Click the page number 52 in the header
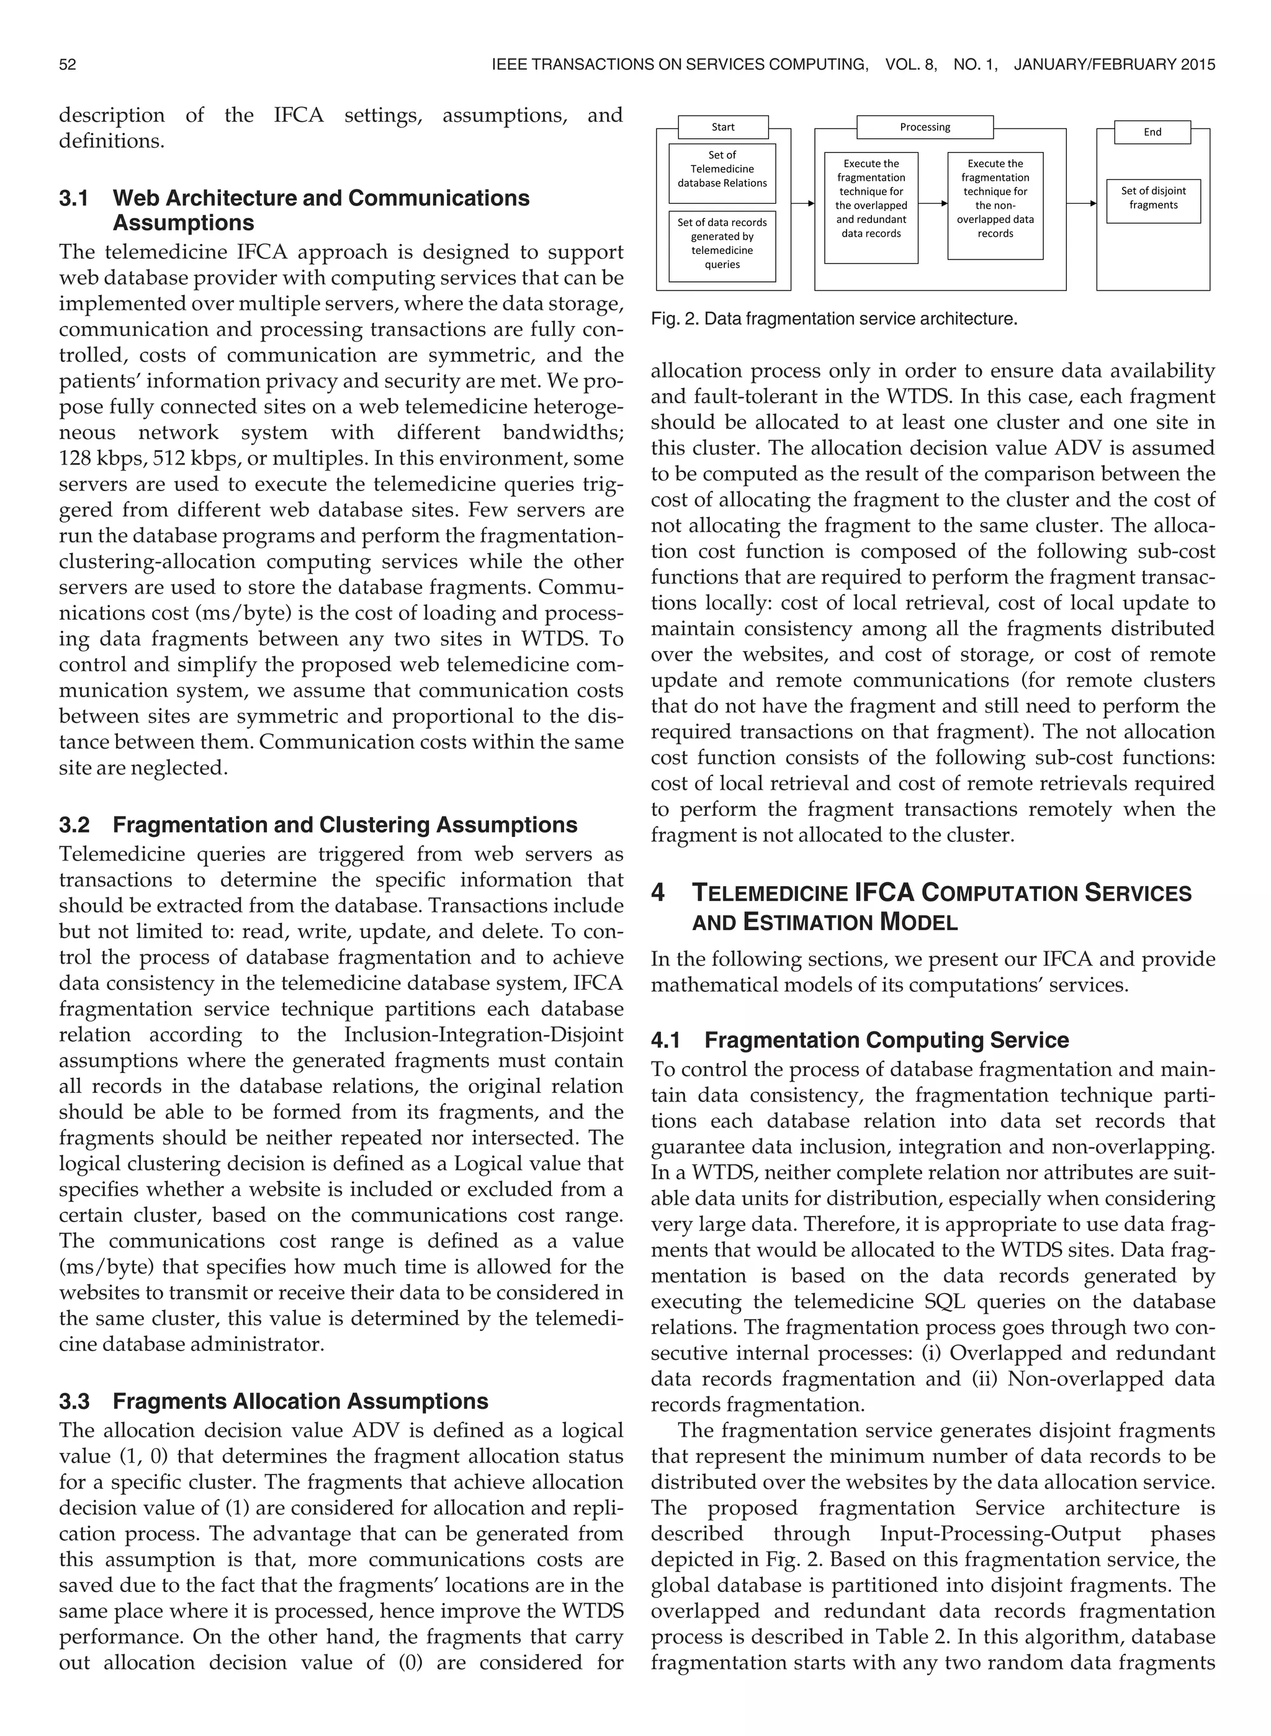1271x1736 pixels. click(68, 65)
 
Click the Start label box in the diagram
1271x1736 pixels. click(722, 127)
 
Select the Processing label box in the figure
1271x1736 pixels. click(925, 127)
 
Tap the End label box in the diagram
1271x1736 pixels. click(1152, 132)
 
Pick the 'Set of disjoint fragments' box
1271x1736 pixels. click(1152, 198)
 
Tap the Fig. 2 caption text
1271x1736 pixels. click(834, 319)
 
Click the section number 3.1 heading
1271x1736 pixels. click(74, 198)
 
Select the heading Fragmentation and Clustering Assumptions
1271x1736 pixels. click(344, 825)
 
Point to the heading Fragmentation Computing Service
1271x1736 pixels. click(886, 1041)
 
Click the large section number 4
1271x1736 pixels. click(658, 893)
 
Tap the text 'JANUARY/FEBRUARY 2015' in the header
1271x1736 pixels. click(1114, 65)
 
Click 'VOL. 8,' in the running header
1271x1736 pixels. click(911, 65)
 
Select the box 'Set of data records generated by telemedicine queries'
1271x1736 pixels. click(722, 243)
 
